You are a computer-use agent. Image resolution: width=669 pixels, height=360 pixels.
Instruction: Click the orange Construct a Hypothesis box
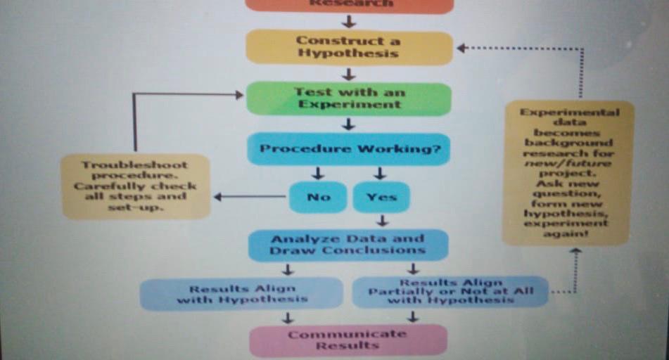348,47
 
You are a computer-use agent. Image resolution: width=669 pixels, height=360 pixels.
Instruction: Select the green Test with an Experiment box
348,98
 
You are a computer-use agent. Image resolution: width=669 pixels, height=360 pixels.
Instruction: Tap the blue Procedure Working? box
348,149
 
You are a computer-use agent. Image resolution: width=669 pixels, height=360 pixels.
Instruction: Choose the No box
318,197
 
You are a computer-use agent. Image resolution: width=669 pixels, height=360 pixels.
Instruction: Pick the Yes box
381,197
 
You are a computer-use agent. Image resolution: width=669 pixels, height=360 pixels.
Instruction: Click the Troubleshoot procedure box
135,186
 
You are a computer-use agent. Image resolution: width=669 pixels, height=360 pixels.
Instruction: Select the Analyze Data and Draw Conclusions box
348,245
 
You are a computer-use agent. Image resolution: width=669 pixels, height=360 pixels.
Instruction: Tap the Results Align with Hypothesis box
241,293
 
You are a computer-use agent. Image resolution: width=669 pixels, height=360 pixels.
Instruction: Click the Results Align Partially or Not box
450,291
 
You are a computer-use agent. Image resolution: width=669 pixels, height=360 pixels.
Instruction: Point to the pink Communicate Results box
348,340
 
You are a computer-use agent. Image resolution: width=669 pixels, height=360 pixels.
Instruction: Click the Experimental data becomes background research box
568,172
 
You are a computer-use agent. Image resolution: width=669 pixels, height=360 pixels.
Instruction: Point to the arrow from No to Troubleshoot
250,197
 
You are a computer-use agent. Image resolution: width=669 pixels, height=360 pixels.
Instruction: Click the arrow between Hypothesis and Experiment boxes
348,74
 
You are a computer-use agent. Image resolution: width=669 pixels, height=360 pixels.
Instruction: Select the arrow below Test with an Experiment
348,124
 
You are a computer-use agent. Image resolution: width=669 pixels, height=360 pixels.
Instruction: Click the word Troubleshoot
135,165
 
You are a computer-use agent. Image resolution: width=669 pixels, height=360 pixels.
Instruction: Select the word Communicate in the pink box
347,334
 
